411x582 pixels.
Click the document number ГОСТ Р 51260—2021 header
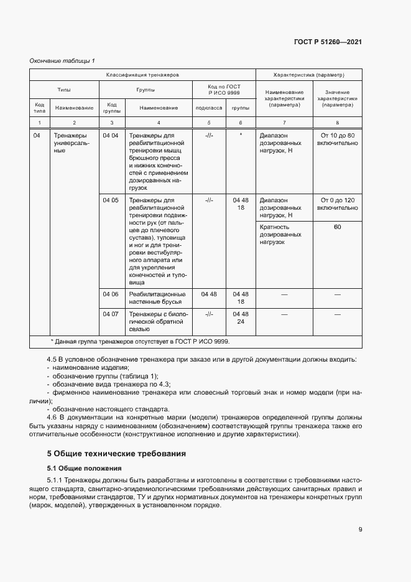click(328, 42)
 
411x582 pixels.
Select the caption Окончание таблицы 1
click(62, 60)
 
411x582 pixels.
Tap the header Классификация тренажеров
click(142, 75)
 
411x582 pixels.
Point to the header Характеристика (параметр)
click(308, 75)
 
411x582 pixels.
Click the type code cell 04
click(38, 135)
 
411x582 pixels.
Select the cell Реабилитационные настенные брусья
click(157, 298)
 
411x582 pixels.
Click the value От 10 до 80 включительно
click(337, 139)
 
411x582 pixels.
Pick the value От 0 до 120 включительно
click(337, 204)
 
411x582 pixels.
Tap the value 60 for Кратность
click(337, 227)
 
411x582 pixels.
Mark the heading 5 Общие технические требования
click(117, 454)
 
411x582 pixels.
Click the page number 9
click(360, 530)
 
